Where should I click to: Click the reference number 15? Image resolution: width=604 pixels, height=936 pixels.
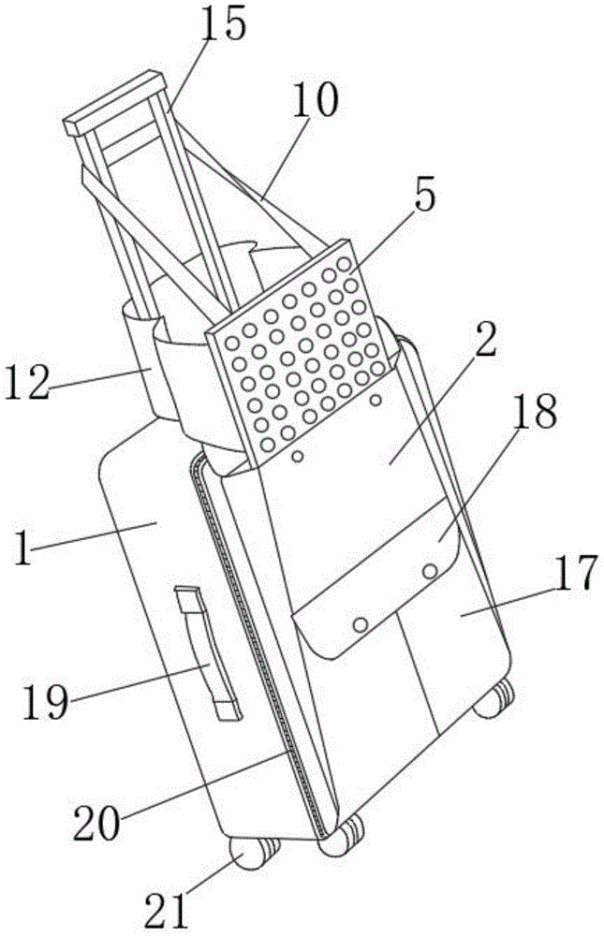coord(223,23)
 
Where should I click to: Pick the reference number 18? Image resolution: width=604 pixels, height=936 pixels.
coord(534,413)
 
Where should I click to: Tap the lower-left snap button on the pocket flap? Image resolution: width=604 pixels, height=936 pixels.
coord(359,622)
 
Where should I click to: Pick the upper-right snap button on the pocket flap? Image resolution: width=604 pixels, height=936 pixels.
coord(431,570)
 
